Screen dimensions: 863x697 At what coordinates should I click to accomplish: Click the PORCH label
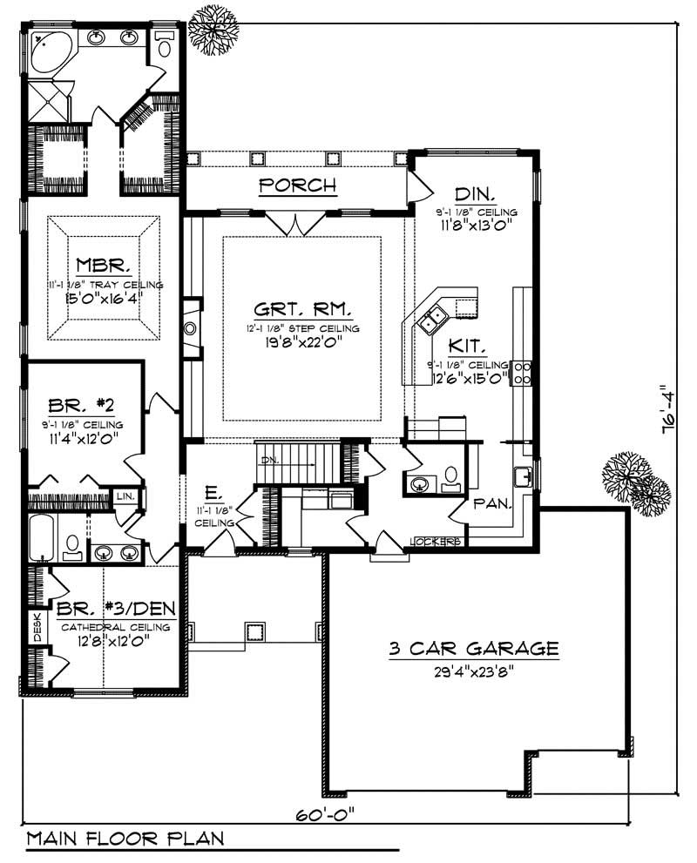[298, 185]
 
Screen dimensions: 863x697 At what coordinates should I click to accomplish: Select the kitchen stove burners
[525, 372]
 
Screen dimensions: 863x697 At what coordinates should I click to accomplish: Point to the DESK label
[37, 627]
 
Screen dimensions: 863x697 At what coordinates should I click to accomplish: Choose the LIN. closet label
[125, 496]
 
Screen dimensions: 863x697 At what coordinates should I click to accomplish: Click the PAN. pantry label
[491, 503]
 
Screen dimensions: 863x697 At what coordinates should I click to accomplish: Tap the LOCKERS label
[435, 542]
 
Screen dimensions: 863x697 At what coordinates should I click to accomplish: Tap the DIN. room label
[475, 192]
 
